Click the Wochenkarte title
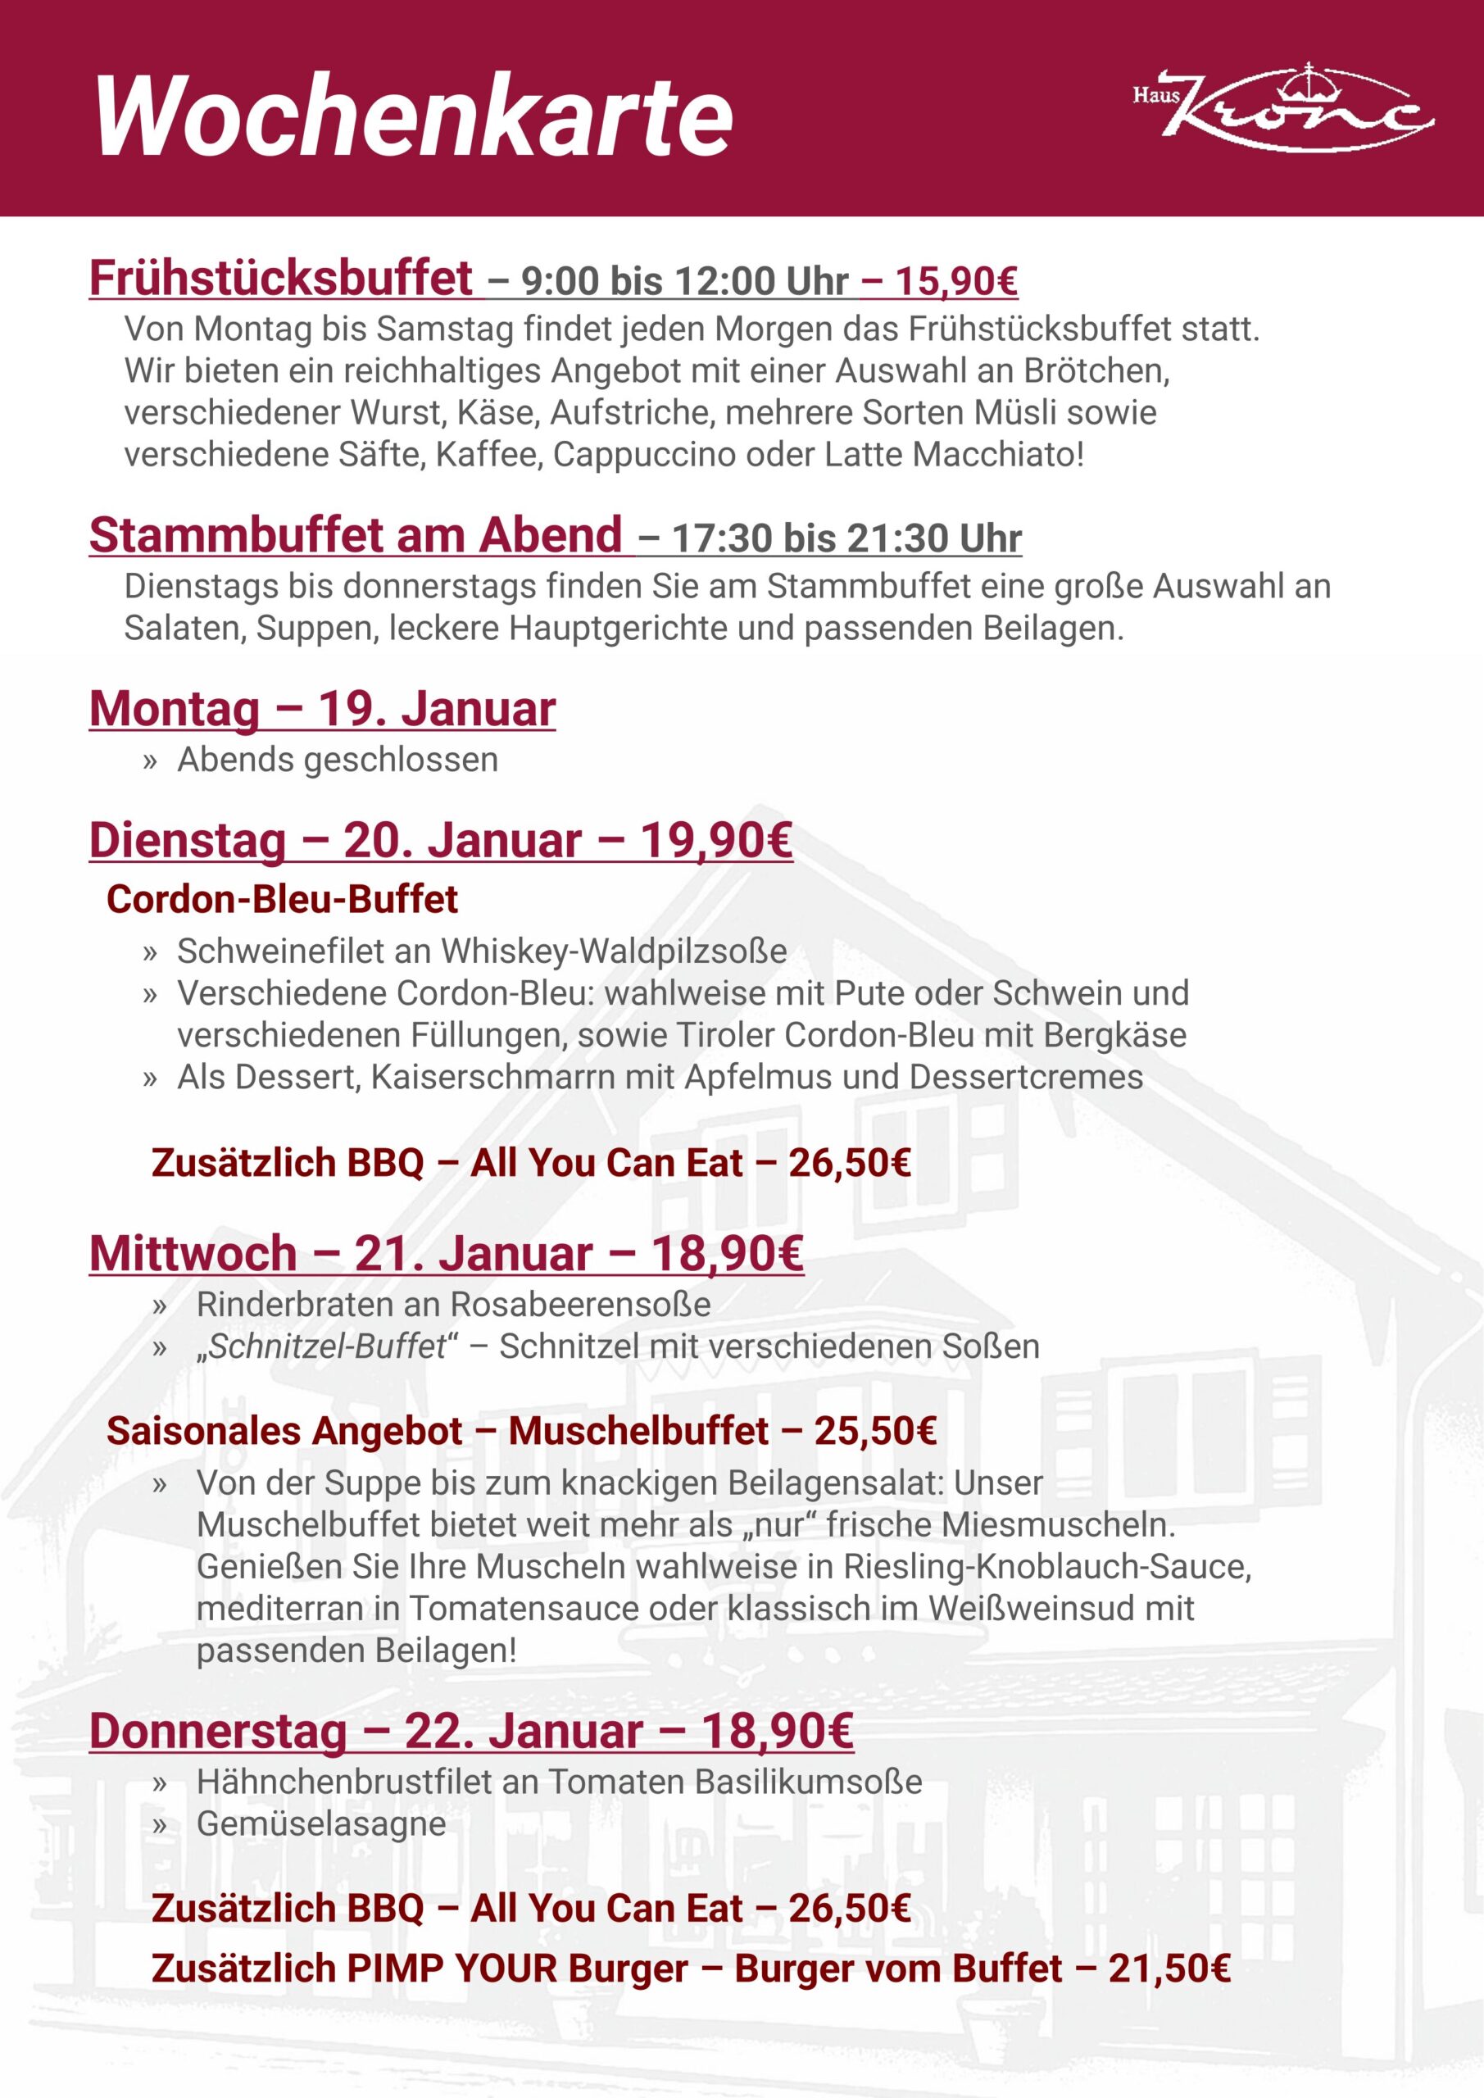(413, 117)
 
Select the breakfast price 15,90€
(955, 280)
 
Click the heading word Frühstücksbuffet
(281, 278)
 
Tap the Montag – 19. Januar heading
(322, 709)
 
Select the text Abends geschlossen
(337, 760)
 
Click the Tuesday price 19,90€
(715, 841)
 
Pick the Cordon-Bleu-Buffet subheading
(283, 899)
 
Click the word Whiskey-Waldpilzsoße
(614, 951)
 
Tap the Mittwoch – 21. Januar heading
(340, 1253)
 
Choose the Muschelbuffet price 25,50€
(875, 1431)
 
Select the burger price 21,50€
(1169, 1969)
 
